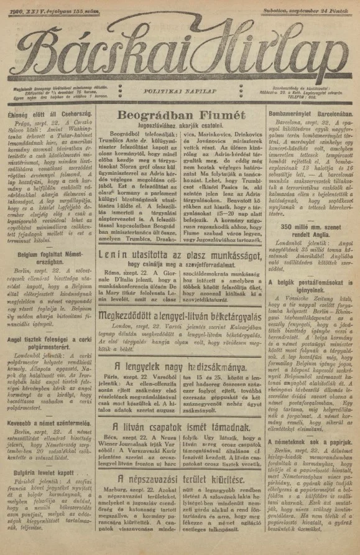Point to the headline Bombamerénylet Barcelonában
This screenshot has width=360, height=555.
click(310, 115)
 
